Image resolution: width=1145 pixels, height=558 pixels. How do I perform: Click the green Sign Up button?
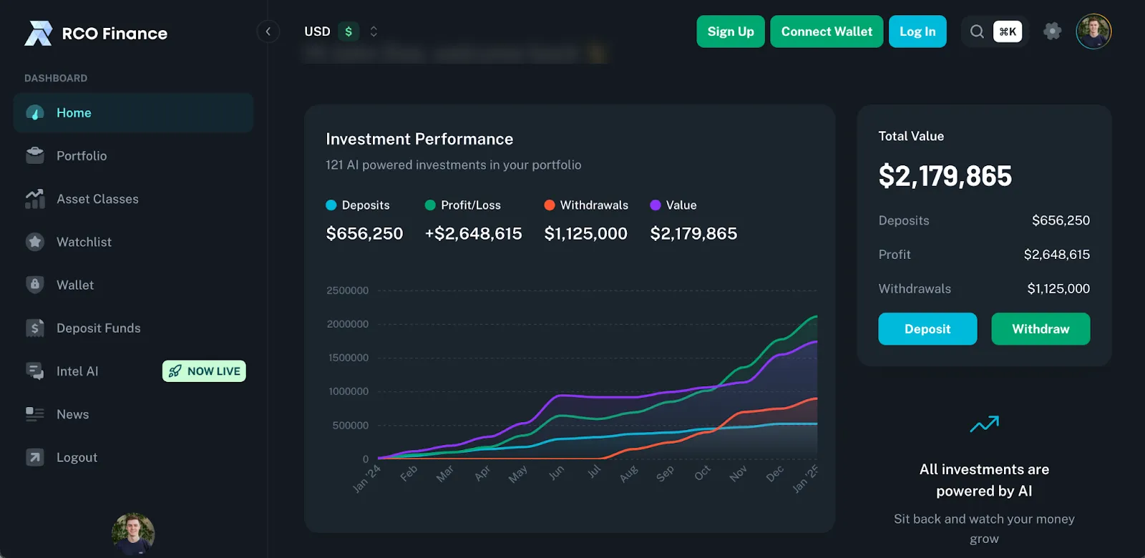click(x=730, y=31)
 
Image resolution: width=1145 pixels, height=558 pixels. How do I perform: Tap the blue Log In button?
click(x=917, y=31)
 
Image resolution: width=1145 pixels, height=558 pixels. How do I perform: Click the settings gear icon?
click(x=1052, y=31)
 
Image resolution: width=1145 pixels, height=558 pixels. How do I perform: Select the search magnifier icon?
click(x=976, y=31)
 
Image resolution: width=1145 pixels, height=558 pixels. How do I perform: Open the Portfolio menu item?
click(x=82, y=156)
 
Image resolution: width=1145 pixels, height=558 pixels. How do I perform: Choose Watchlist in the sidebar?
click(x=84, y=242)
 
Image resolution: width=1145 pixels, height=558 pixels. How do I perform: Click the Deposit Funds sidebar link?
click(x=98, y=328)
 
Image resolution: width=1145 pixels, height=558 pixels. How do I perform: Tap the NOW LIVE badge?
click(x=204, y=371)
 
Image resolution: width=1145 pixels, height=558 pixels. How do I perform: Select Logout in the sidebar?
click(x=77, y=458)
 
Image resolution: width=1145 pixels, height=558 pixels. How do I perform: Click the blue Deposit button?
click(x=927, y=329)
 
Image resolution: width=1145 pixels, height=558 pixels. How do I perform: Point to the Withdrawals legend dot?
click(x=550, y=205)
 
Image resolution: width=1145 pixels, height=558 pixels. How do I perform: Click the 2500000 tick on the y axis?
click(x=347, y=290)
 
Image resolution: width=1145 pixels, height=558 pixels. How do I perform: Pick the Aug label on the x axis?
click(x=629, y=474)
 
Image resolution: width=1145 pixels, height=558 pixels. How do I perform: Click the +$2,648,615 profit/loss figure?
click(x=473, y=234)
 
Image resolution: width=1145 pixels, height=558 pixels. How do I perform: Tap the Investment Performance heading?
click(x=419, y=139)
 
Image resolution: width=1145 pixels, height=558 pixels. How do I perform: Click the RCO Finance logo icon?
click(x=39, y=33)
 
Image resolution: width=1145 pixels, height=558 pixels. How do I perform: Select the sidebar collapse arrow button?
click(x=268, y=31)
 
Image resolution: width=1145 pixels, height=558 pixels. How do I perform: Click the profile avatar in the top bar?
click(x=1093, y=31)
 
